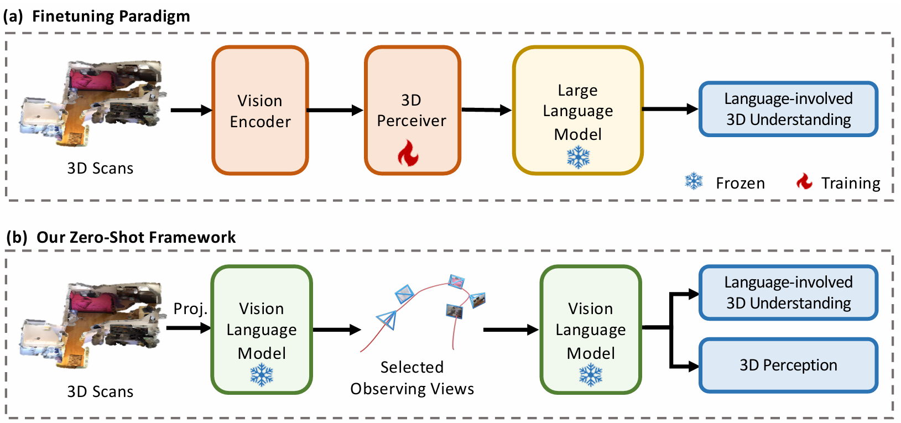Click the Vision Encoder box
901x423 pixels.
coord(261,110)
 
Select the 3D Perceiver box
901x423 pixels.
coord(412,110)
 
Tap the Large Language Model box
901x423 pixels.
coord(577,110)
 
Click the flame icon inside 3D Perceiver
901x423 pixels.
coord(408,153)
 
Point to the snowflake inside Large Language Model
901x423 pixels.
coord(579,157)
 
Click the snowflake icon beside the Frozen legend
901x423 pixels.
coord(694,181)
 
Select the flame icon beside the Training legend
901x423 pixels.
coord(804,181)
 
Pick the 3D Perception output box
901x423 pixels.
coord(788,365)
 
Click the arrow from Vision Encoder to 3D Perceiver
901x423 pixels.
coord(335,110)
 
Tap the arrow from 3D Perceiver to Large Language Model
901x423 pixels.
coord(487,110)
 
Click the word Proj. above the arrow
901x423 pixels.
coord(190,309)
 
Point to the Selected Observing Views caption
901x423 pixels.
coord(412,378)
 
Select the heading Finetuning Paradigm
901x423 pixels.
coord(111,16)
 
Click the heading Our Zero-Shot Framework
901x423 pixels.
coord(136,237)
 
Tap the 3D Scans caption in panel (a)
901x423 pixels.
coord(100,168)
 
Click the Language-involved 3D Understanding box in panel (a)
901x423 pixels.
coord(788,109)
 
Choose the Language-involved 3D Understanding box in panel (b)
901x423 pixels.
coord(788,293)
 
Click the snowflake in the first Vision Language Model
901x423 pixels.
coord(262,375)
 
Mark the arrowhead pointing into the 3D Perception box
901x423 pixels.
coord(694,366)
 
